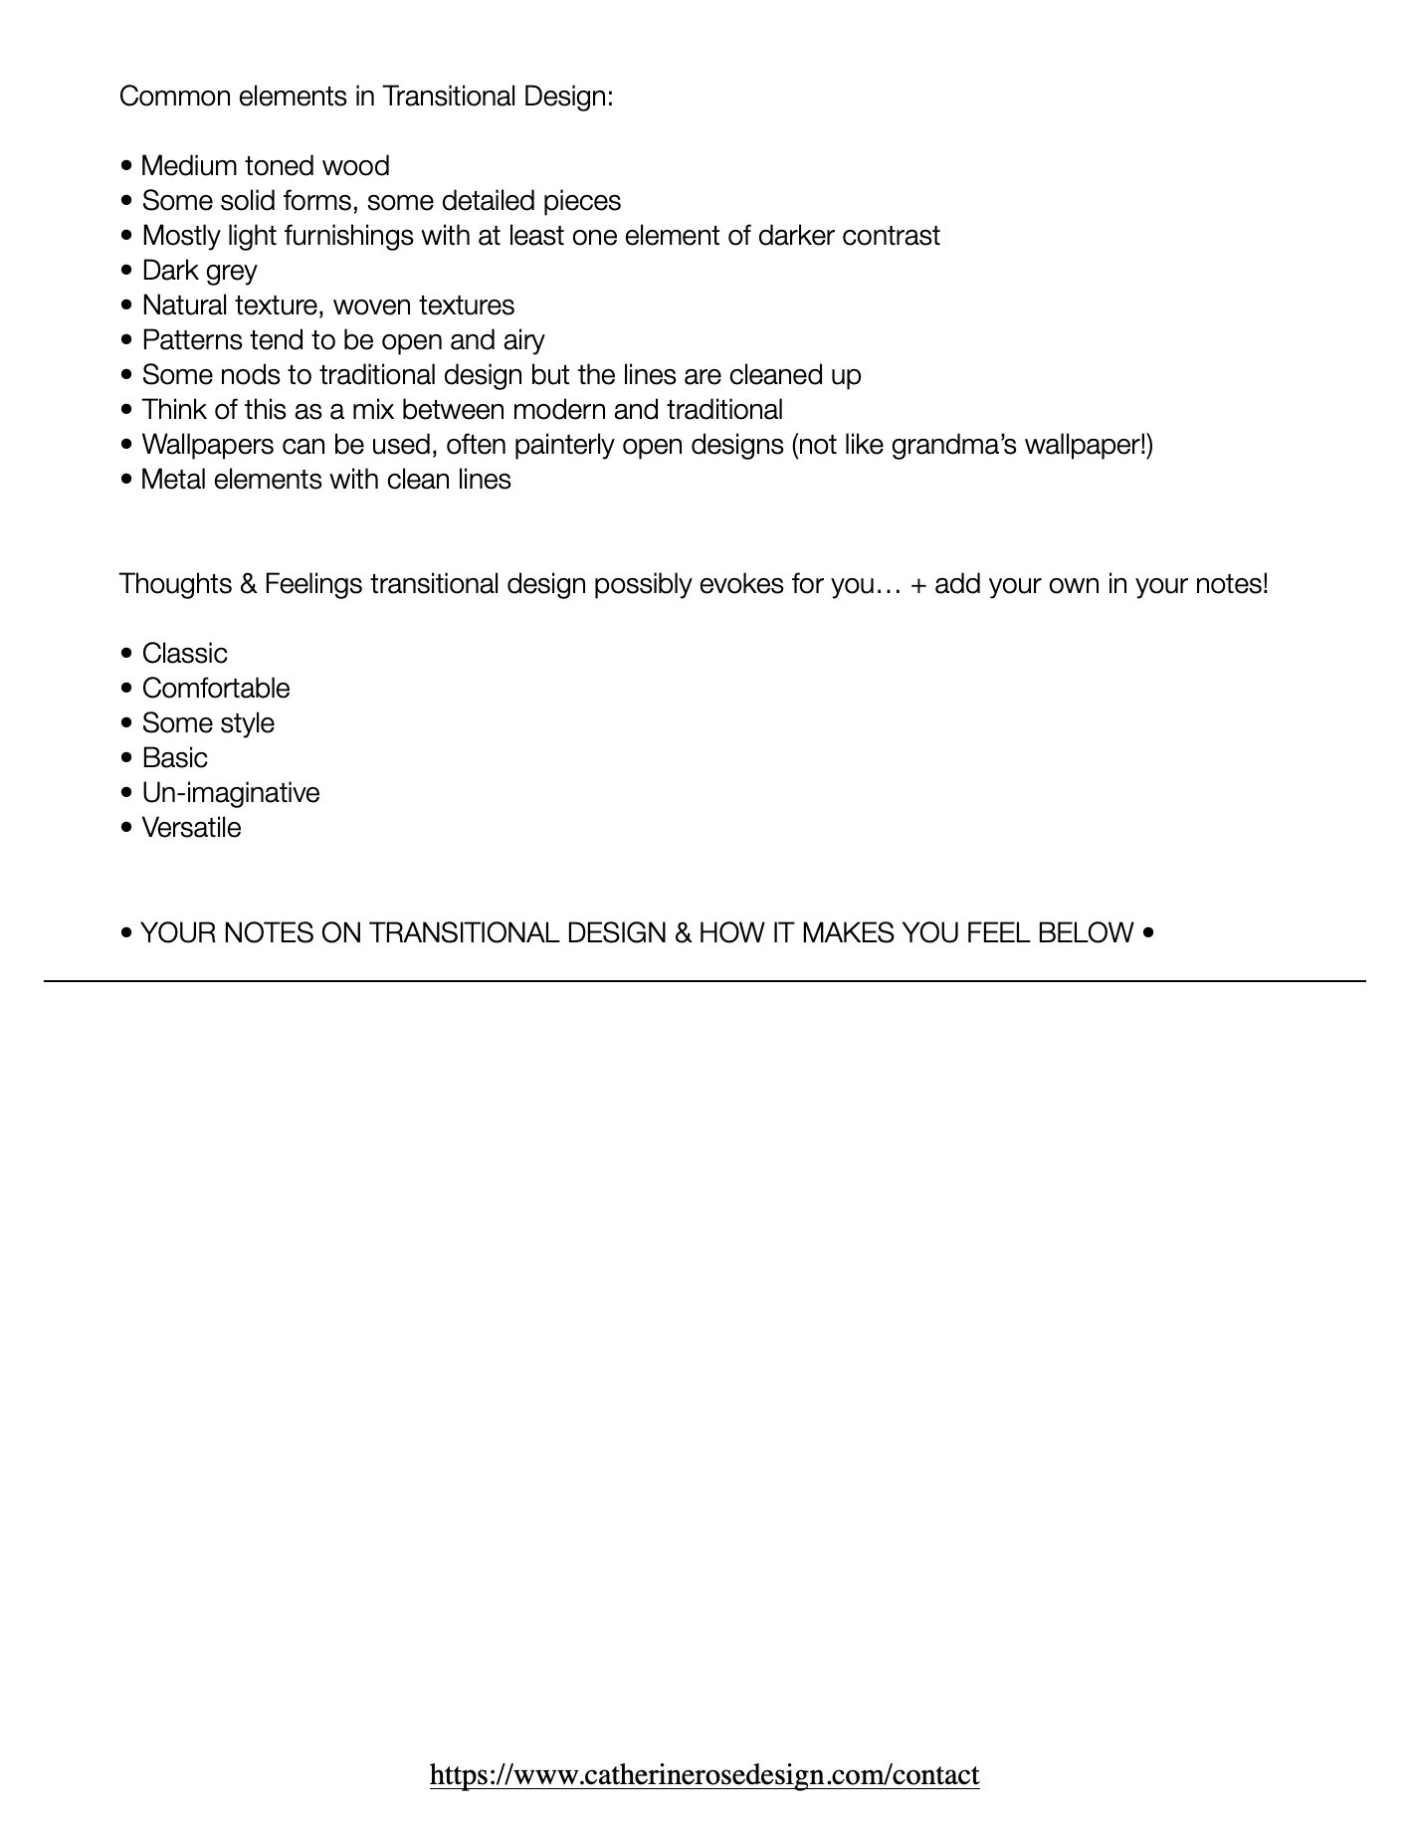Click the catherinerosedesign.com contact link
coord(705,1774)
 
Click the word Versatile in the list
coord(191,828)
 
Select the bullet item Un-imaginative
coord(230,793)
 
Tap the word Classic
coord(184,654)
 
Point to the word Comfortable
coord(216,689)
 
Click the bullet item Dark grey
coord(199,271)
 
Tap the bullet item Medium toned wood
coord(265,166)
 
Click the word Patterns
coord(192,340)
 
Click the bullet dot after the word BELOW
coord(1149,933)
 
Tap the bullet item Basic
coord(174,758)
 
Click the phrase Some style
coord(208,723)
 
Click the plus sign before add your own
coord(918,584)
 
